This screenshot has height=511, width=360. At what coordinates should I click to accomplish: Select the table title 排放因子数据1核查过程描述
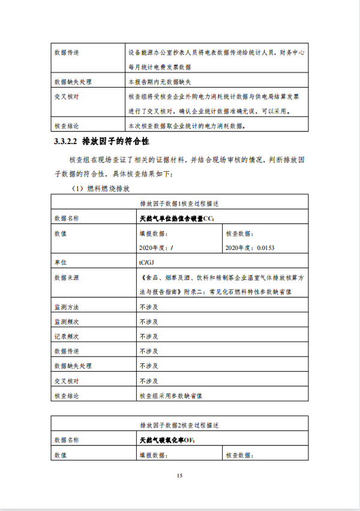[x=179, y=203]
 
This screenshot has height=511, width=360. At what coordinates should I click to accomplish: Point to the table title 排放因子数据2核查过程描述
[x=179, y=425]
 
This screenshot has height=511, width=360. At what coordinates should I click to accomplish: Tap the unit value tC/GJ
[x=147, y=262]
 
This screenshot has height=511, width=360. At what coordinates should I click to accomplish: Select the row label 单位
[x=61, y=262]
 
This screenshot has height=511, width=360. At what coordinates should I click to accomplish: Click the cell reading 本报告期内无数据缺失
[x=161, y=81]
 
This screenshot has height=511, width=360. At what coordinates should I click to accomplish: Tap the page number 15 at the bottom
[x=179, y=476]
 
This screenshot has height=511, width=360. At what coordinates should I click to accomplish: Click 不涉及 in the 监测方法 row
[x=149, y=307]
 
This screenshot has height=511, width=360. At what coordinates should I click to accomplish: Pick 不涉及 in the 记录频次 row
[x=149, y=337]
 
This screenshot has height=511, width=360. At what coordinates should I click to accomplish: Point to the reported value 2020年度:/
[x=157, y=247]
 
